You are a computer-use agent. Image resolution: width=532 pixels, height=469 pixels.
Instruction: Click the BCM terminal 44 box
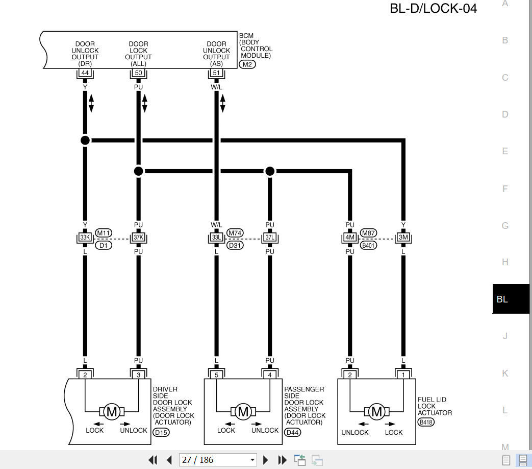click(85, 73)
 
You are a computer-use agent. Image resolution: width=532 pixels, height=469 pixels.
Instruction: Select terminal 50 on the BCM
click(138, 73)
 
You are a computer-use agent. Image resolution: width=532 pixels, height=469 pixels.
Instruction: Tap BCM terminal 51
click(216, 73)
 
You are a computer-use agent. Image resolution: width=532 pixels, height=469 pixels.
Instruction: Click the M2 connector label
click(247, 64)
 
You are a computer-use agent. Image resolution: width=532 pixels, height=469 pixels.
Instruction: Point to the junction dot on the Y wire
click(85, 140)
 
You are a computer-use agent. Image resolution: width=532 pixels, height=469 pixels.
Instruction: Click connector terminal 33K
click(85, 237)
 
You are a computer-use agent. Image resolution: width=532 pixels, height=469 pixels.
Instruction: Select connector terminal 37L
click(270, 237)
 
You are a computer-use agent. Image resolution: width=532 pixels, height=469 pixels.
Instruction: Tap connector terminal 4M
click(350, 237)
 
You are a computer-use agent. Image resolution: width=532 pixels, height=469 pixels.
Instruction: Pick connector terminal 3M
click(403, 237)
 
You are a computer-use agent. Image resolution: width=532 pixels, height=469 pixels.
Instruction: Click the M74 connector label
click(235, 233)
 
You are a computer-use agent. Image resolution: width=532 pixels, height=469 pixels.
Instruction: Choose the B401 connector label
click(368, 245)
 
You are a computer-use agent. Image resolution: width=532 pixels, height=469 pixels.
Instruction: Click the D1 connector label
click(104, 245)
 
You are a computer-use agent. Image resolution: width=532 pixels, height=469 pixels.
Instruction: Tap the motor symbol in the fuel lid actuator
click(376, 412)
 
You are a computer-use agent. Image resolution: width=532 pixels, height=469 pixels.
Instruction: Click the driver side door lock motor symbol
click(112, 412)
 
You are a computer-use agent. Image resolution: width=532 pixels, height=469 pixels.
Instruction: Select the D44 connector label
click(292, 432)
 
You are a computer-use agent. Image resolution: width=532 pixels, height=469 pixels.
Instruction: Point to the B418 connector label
click(426, 422)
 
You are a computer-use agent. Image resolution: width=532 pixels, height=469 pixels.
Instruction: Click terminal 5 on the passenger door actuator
click(216, 375)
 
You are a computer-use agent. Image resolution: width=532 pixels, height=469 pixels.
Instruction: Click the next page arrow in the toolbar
click(266, 460)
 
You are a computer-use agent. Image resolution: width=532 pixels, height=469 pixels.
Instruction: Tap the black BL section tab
click(511, 299)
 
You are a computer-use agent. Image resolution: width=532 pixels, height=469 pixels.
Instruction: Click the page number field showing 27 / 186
click(218, 460)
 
